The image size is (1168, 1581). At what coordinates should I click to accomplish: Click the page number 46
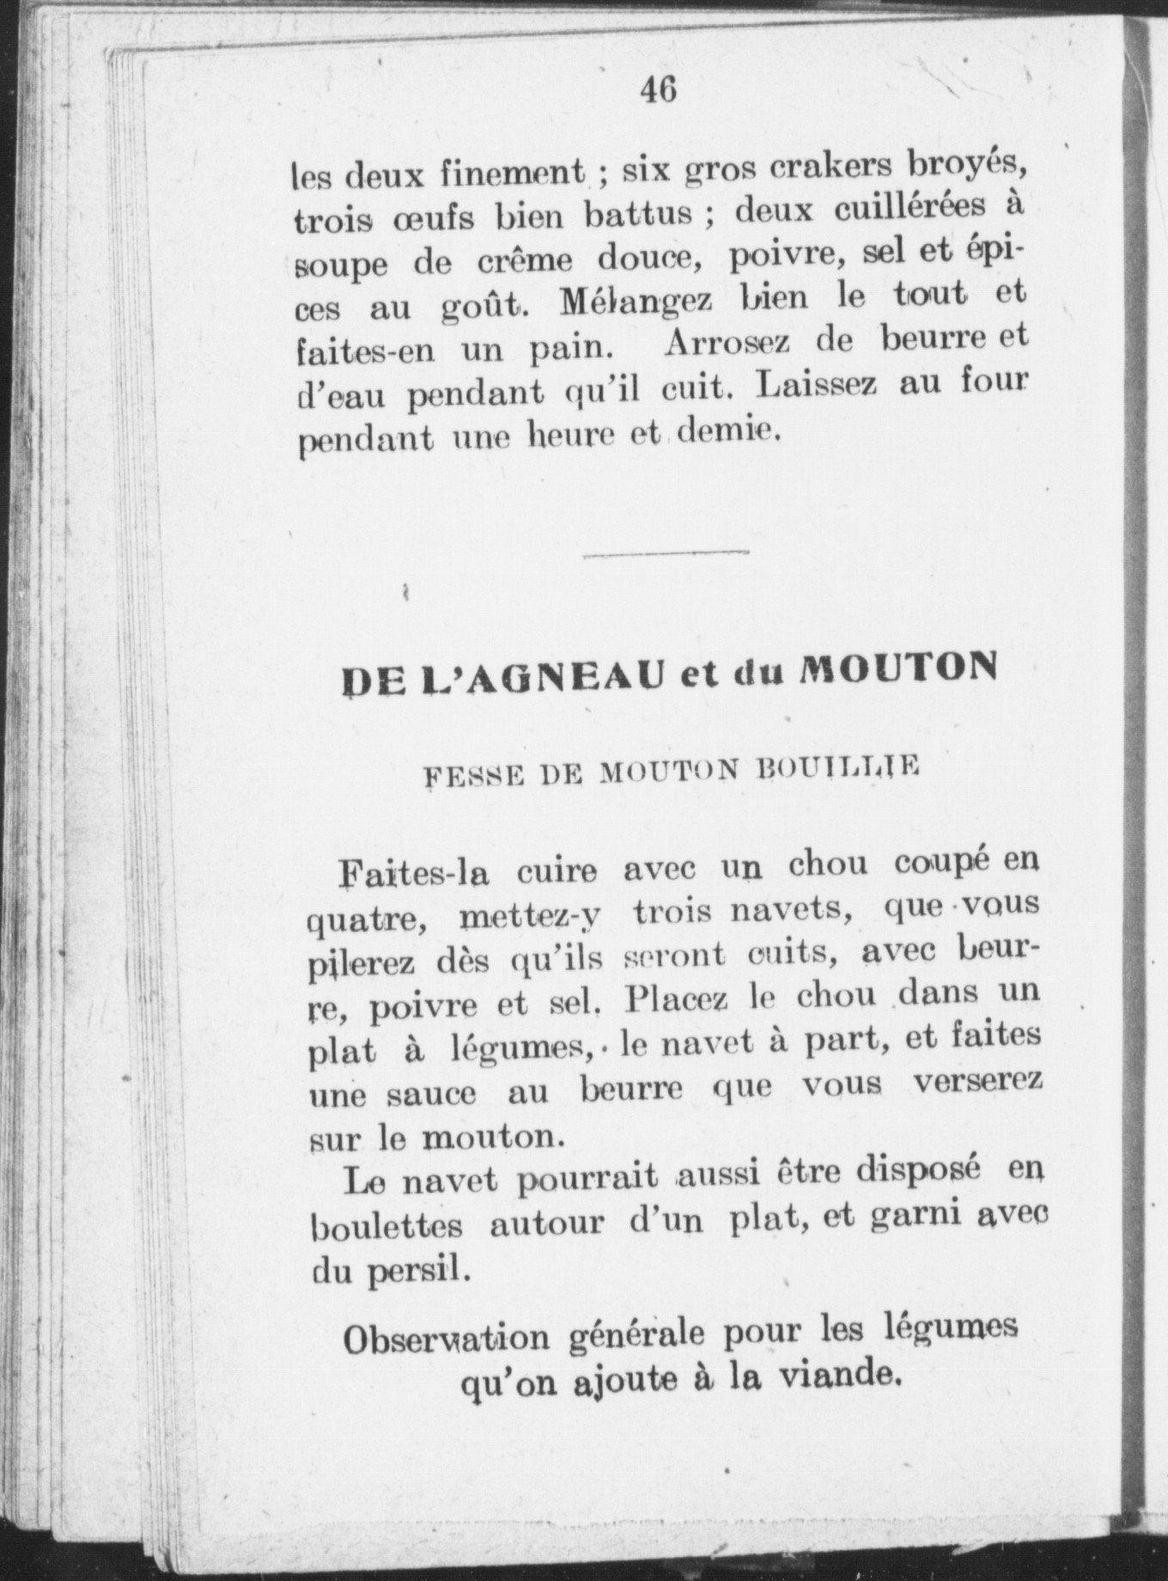click(x=659, y=89)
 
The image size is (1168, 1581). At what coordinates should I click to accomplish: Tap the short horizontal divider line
click(x=666, y=554)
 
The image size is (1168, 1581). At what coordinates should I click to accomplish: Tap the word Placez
click(x=678, y=999)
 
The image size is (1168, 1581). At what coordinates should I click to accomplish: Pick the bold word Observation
click(x=446, y=1340)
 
